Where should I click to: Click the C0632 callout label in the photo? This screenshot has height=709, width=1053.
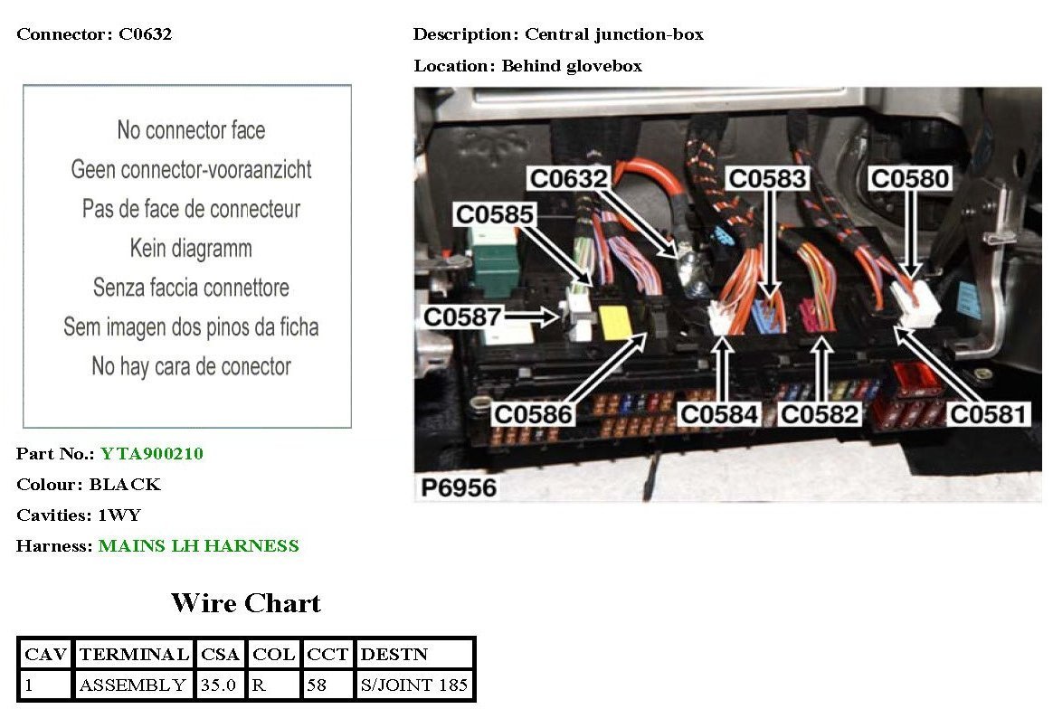coord(568,178)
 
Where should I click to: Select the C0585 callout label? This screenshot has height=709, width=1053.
coord(494,215)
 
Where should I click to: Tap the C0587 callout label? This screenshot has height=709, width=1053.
coord(463,317)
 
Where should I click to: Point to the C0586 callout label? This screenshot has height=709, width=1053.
coord(533,414)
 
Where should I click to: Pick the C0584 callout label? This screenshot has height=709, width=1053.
coord(720,414)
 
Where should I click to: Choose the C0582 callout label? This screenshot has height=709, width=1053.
coord(820,414)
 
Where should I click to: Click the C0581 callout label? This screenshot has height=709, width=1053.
coord(988,414)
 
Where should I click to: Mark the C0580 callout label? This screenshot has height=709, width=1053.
coord(909,178)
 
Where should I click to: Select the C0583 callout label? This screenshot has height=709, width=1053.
coord(767,178)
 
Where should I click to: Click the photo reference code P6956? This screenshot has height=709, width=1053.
coord(459,487)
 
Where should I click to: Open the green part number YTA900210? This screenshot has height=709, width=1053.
coord(152,453)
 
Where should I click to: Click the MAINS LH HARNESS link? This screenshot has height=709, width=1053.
coord(199,545)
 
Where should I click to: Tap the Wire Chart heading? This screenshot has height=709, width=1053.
coord(246,602)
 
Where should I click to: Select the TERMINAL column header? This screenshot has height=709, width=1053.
coord(134,654)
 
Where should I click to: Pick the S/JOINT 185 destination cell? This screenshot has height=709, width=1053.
coord(414,685)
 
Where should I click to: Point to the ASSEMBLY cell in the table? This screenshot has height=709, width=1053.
coord(133,685)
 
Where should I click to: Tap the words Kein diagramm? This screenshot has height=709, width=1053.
coord(191,248)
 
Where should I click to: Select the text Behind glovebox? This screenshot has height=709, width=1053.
coord(572,66)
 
